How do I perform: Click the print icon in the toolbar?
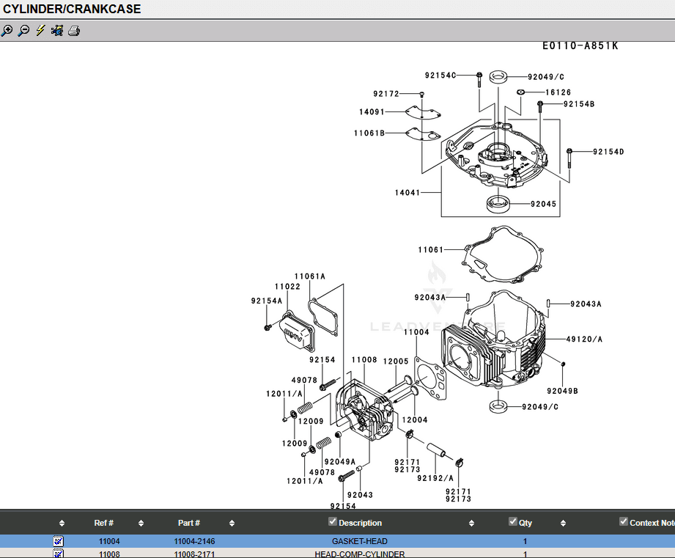[x=73, y=31]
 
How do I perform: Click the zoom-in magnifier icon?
[x=7, y=31]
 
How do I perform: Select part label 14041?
[x=407, y=193]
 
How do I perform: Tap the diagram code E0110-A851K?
[x=580, y=45]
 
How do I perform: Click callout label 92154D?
[x=608, y=152]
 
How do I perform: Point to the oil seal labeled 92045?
[x=500, y=203]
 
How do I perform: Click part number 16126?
[x=558, y=93]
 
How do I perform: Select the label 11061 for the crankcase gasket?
[x=431, y=250]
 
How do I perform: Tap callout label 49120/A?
[x=584, y=339]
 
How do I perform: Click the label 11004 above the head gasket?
[x=416, y=332]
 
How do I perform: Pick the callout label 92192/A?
[x=435, y=478]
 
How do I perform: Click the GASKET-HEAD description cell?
[x=359, y=541]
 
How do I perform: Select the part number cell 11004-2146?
[x=194, y=541]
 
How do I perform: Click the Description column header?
[x=360, y=523]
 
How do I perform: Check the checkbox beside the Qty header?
[x=513, y=522]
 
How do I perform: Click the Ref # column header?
[x=104, y=523]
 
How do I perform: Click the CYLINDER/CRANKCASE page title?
[x=72, y=10]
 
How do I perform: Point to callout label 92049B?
[x=562, y=391]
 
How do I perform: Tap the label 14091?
[x=372, y=112]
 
